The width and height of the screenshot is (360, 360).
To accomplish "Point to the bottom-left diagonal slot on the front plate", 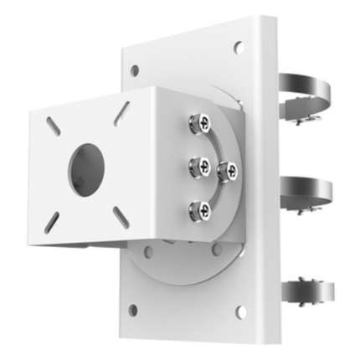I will click(x=52, y=220).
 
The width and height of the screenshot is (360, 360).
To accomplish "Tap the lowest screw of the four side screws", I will click(x=198, y=210).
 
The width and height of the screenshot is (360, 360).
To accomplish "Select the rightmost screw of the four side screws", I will click(x=227, y=171).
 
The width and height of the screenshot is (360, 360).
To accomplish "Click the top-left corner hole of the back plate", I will click(x=134, y=70).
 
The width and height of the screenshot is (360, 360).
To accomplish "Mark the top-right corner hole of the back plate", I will click(x=239, y=48).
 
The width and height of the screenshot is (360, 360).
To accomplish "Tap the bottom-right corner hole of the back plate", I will click(x=241, y=312).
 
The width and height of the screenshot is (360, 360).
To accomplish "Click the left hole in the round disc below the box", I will click(x=149, y=250).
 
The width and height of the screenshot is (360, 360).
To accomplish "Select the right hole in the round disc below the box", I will click(x=217, y=249).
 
